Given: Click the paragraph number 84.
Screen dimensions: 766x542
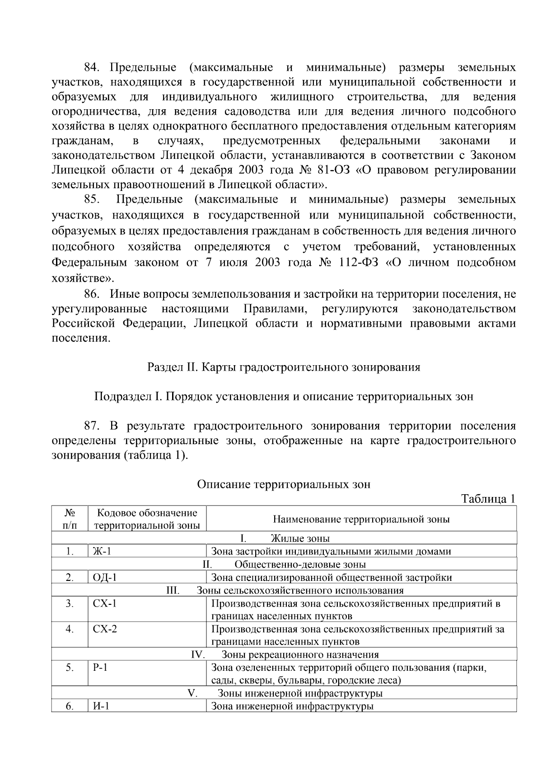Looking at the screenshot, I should pos(91,68).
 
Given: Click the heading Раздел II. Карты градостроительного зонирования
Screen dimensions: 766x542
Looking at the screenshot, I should pos(284,367).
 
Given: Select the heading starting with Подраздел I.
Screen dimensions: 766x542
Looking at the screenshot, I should pos(284,396).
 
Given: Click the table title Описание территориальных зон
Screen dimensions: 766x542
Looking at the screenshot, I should pos(284,484).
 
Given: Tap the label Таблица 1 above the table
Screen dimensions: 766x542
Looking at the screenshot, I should pos(488,499).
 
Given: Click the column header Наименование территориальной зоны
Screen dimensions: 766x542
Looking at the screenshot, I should pos(361,519).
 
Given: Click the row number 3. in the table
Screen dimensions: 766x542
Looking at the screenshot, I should pos(70,604).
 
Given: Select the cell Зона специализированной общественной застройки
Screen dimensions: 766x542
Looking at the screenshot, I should pos(332,577).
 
